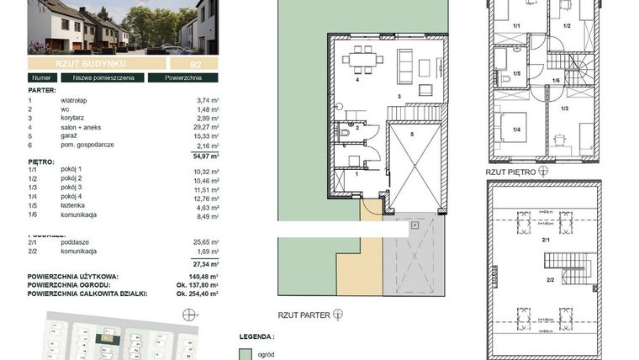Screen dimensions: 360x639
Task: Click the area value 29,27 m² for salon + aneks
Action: click(x=202, y=127)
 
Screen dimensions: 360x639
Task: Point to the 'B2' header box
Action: click(x=182, y=63)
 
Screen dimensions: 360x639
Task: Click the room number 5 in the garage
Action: click(x=412, y=135)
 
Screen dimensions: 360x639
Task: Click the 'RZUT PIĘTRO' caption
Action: click(x=510, y=170)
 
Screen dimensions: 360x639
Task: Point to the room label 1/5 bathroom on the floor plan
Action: click(x=517, y=74)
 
